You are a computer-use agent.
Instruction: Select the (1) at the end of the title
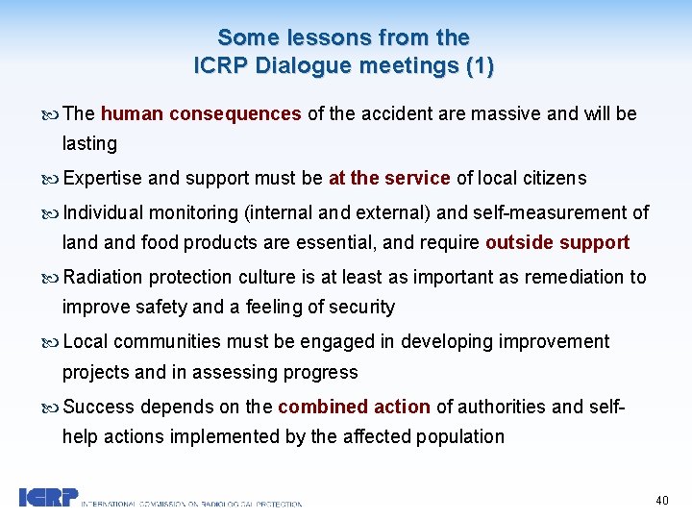[477, 66]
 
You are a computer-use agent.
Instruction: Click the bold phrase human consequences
[201, 113]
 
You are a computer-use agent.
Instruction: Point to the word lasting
[89, 143]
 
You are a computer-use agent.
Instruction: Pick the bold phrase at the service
[389, 178]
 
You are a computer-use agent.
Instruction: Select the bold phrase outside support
[557, 242]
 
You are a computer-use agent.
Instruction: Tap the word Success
[96, 407]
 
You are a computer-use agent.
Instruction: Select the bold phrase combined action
[354, 407]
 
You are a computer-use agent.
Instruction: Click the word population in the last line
[460, 436]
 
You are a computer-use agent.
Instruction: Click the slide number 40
[661, 500]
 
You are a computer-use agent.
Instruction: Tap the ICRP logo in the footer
[46, 498]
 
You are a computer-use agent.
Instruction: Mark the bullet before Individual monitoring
[52, 212]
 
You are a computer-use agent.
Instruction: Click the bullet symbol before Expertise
[52, 179]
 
